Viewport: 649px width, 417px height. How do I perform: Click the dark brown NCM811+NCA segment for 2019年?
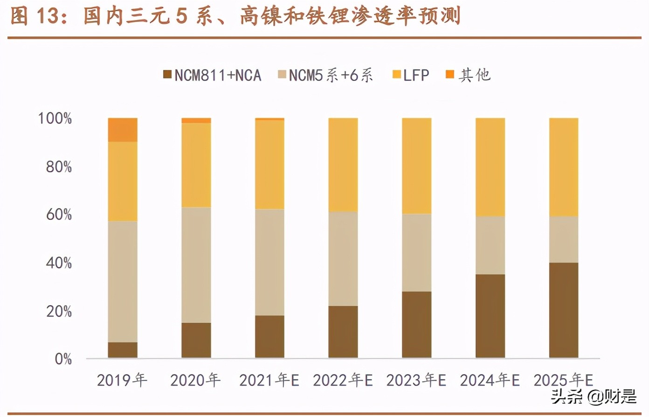click(x=123, y=350)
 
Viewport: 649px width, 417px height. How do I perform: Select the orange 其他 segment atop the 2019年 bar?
click(x=123, y=130)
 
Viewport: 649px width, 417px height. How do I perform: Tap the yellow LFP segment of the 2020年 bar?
click(x=196, y=165)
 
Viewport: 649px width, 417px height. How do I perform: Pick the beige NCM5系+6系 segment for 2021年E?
click(x=269, y=262)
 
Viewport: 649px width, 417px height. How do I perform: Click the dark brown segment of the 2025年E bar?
click(x=564, y=310)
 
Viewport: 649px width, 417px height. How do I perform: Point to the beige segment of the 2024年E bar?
click(x=490, y=245)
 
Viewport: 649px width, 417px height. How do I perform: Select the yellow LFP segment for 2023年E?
click(x=416, y=166)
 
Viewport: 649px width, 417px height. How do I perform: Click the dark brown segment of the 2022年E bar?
click(x=343, y=332)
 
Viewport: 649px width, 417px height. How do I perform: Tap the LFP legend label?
click(x=416, y=75)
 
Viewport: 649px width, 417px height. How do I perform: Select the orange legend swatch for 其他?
click(x=450, y=75)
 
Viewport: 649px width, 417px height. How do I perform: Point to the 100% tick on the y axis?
click(x=55, y=118)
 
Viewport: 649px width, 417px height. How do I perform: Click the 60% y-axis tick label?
click(x=59, y=215)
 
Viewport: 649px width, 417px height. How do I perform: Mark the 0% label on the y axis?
click(x=63, y=359)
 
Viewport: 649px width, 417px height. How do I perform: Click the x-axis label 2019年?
click(x=122, y=380)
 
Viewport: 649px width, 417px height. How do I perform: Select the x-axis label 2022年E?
click(x=343, y=380)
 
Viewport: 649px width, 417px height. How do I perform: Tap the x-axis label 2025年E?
click(x=563, y=380)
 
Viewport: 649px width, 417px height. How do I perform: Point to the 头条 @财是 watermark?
click(x=593, y=396)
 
